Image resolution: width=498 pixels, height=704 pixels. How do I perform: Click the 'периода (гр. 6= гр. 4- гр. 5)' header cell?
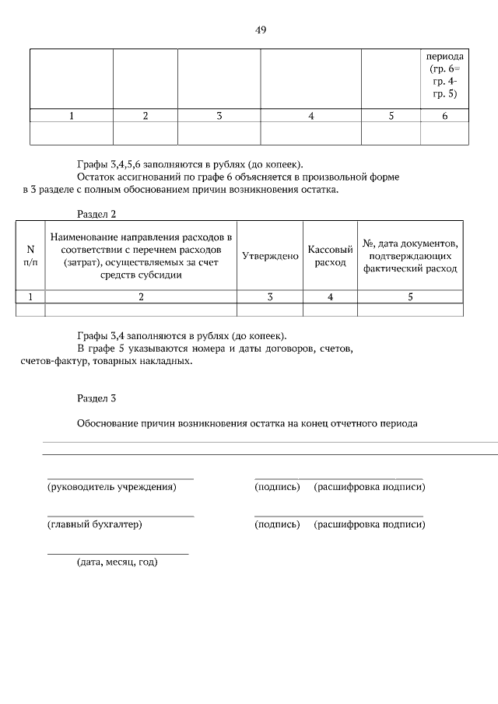pos(445,75)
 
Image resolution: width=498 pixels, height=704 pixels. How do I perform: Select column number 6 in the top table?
pos(444,116)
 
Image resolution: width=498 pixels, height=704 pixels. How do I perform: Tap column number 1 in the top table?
pos(72,116)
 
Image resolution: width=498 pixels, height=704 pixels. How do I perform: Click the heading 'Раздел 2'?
pos(96,213)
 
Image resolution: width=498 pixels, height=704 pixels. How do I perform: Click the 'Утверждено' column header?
pos(270,256)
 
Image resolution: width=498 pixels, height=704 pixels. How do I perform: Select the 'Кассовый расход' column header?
pos(330,256)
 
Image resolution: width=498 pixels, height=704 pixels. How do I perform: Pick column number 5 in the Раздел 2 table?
pos(410,296)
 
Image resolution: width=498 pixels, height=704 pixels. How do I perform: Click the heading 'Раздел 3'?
pos(96,398)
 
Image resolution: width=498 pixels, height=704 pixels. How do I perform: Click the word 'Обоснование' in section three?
pos(107,424)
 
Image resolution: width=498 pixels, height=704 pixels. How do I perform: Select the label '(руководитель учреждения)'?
pos(112,487)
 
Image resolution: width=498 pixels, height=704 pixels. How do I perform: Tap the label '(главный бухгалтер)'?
pos(95,524)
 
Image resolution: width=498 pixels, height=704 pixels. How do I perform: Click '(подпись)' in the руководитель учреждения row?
pos(277,487)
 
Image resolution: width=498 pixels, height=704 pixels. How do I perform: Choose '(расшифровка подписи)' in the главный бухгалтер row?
pos(370,524)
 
